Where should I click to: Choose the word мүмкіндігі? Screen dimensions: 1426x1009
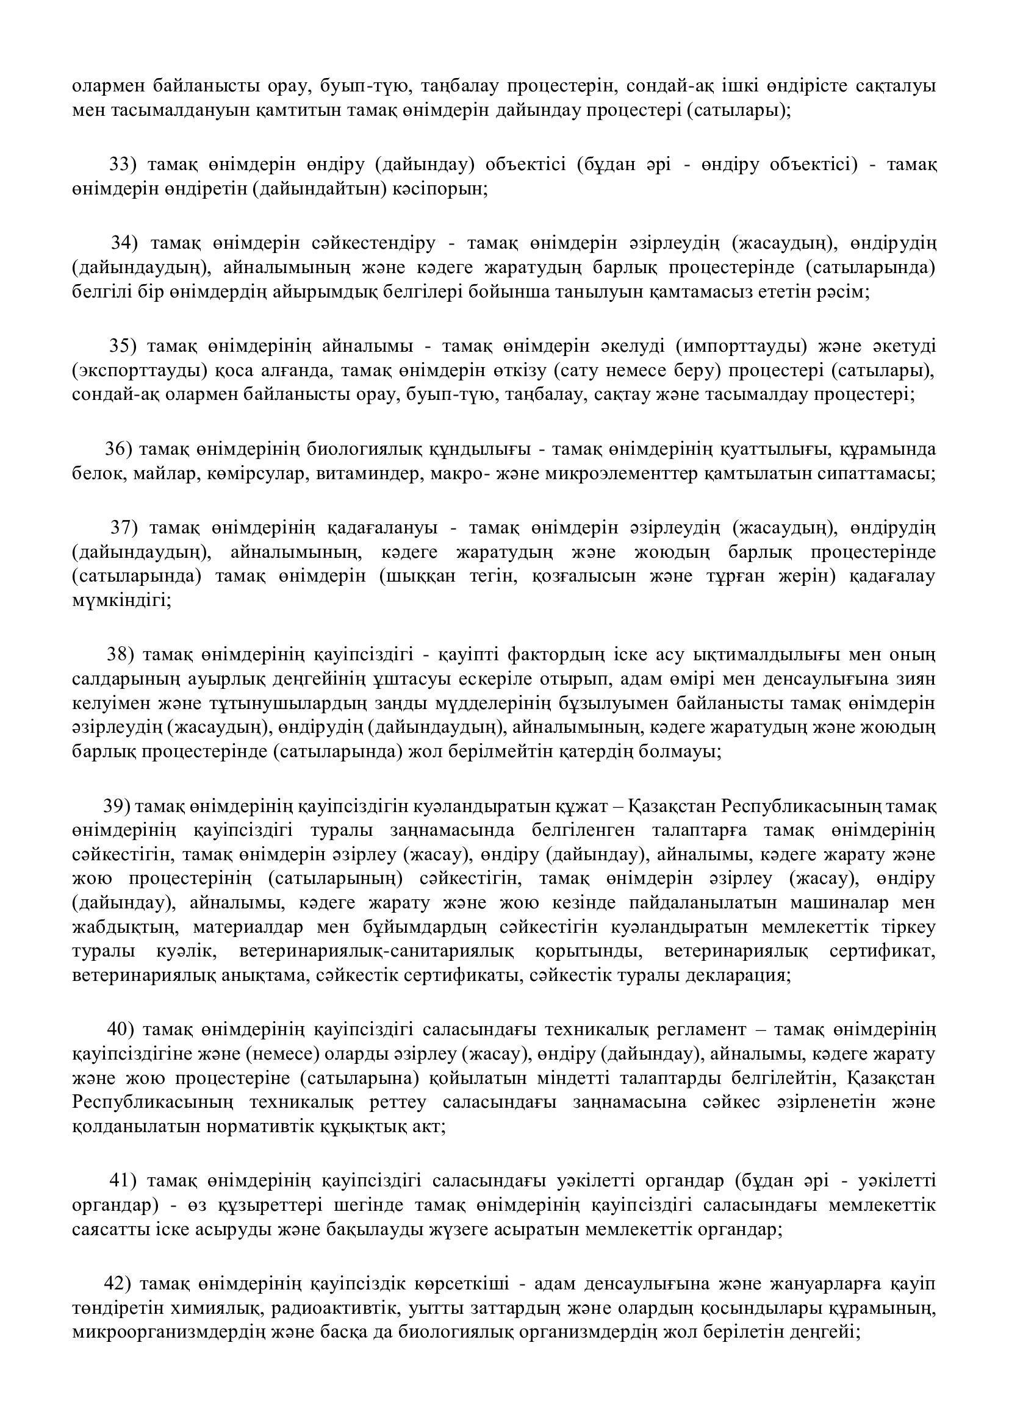120,600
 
